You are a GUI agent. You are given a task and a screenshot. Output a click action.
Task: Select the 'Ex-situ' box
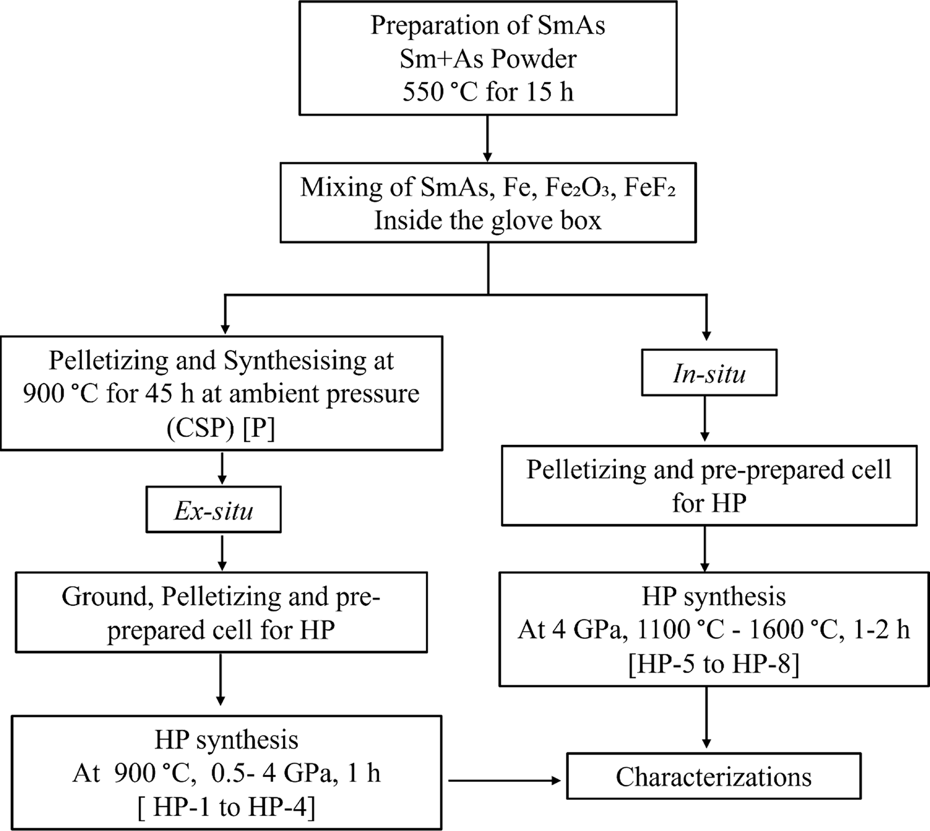pos(213,510)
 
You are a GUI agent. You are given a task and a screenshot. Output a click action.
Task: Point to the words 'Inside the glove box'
pos(488,221)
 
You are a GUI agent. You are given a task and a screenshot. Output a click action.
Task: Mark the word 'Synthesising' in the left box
pos(294,361)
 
